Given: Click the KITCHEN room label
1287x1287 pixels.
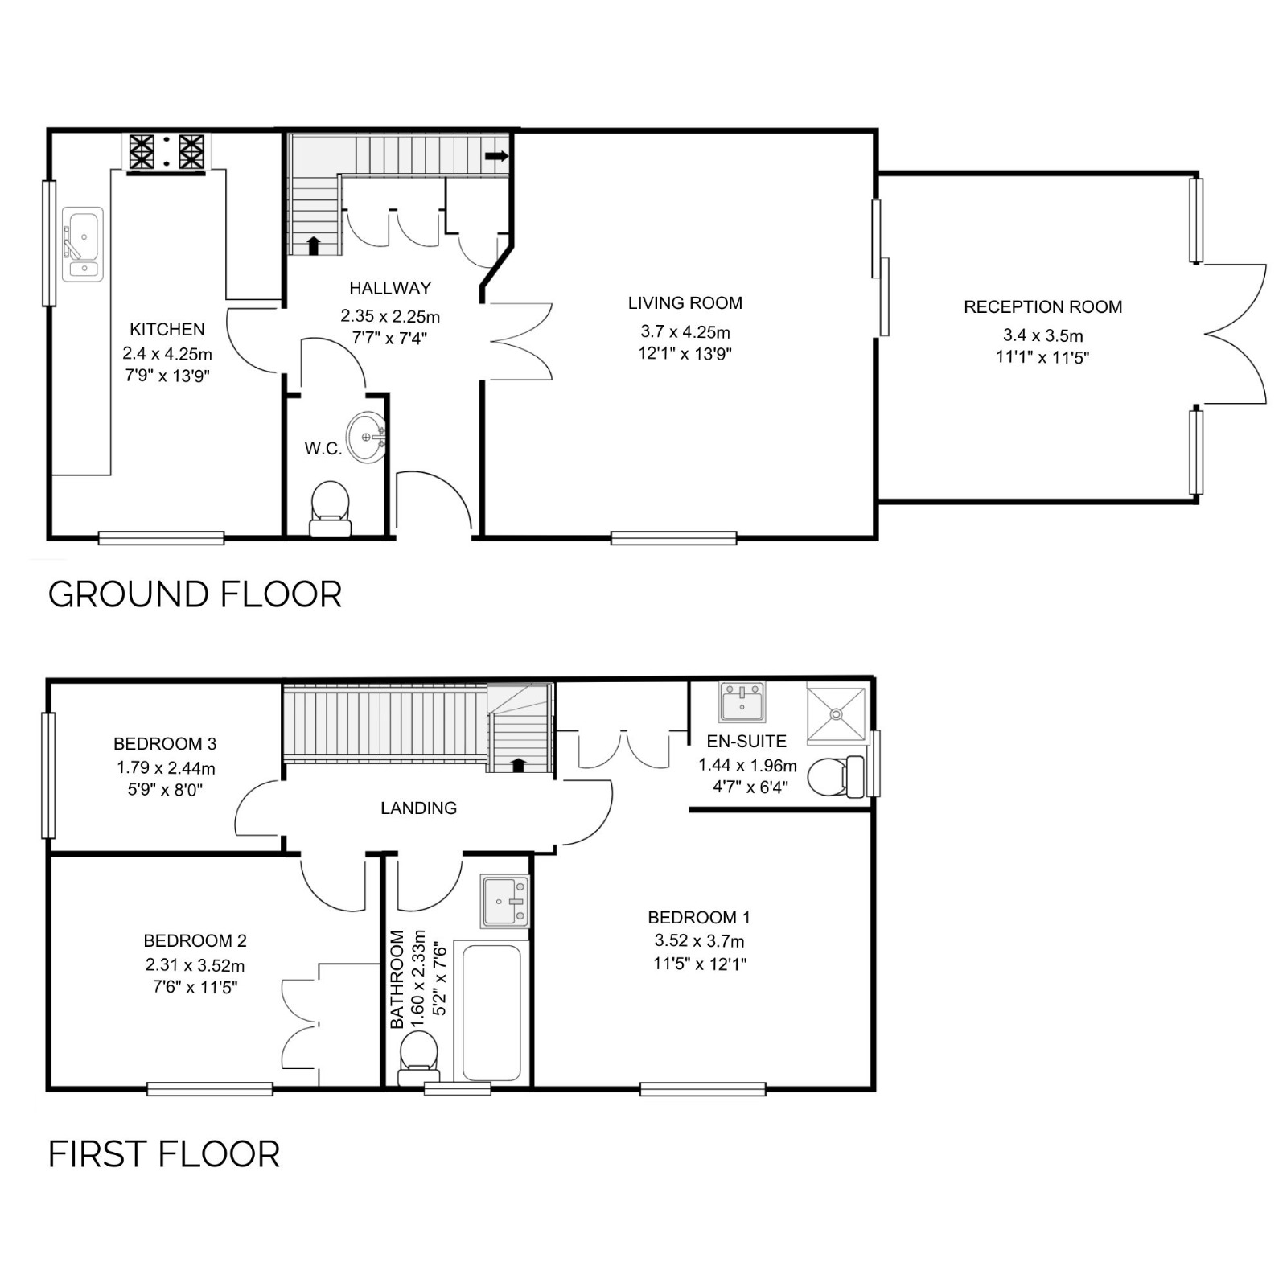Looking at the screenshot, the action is tap(167, 329).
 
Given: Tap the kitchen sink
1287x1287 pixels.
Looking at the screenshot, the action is tap(83, 245).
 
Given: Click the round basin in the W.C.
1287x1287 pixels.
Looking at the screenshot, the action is tap(367, 438).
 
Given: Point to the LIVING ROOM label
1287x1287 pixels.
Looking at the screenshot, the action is tap(685, 303).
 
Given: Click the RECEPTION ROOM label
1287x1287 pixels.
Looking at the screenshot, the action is tap(1042, 306).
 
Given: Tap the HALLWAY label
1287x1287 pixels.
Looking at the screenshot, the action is tap(390, 288).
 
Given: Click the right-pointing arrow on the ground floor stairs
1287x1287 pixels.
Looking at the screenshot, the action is tap(496, 156).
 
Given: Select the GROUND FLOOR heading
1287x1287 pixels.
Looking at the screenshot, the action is tap(195, 594).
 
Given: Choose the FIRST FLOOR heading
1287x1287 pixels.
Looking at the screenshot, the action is tap(164, 1154).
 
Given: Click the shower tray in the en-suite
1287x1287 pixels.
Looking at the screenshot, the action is tap(837, 713).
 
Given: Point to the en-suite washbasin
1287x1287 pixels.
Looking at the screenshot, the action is tap(742, 701).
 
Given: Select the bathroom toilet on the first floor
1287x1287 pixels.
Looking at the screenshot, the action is tap(419, 1059).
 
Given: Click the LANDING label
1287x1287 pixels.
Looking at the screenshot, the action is tap(419, 808).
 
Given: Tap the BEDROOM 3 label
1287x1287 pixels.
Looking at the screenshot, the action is tap(165, 743).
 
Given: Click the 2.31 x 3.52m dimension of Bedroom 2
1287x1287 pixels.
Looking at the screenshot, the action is tap(195, 965).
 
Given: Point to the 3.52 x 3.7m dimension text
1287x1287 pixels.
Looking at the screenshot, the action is tap(699, 940).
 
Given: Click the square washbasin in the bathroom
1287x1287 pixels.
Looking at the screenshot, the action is tap(505, 902).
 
